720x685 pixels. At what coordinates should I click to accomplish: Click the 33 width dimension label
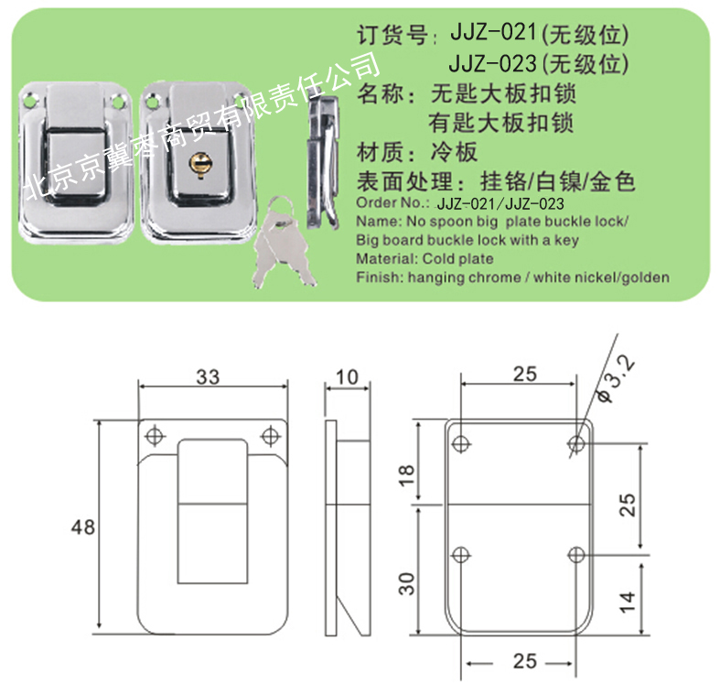click(x=208, y=377)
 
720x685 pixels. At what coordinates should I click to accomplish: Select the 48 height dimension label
click(x=83, y=527)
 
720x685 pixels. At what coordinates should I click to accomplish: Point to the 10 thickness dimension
click(x=347, y=377)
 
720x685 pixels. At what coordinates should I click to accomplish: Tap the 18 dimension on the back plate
click(x=406, y=475)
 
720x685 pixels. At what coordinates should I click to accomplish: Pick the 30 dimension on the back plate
click(x=406, y=584)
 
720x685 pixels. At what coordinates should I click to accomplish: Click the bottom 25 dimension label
click(x=525, y=661)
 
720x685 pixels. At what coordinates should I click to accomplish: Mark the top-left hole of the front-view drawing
click(x=156, y=434)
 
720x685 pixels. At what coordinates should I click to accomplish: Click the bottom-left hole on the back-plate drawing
click(x=460, y=554)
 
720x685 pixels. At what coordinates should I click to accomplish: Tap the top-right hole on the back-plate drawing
click(x=576, y=443)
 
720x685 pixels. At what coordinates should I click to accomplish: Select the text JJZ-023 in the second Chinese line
click(x=492, y=63)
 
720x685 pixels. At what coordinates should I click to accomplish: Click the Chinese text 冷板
click(x=454, y=153)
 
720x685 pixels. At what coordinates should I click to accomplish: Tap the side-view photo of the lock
click(x=323, y=162)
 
